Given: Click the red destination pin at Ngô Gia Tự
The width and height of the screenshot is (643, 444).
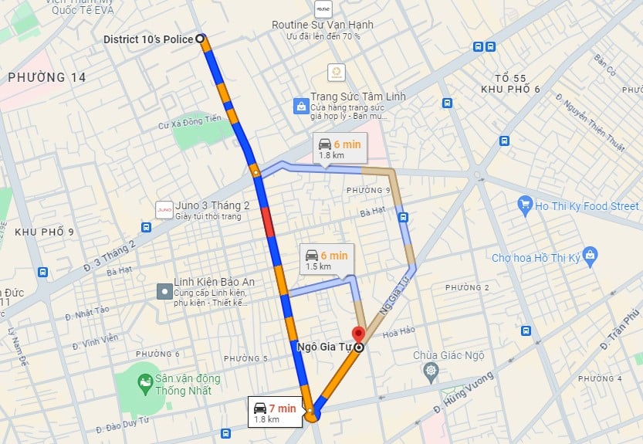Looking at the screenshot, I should click(358, 335).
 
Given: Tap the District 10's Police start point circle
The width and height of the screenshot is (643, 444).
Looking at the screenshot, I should click(200, 38).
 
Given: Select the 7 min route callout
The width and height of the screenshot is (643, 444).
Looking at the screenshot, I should click(274, 412).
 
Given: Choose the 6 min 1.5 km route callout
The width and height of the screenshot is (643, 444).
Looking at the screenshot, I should click(326, 259).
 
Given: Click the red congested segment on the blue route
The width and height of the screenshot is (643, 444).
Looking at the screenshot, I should click(267, 222).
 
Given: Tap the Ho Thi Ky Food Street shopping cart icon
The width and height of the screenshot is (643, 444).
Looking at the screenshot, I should click(525, 205).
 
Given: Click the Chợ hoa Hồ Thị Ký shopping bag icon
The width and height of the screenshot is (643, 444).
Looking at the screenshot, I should click(591, 254).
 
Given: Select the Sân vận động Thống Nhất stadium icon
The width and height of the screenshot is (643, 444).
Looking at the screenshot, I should click(144, 381).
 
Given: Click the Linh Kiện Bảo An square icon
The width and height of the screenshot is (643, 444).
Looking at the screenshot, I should click(164, 291).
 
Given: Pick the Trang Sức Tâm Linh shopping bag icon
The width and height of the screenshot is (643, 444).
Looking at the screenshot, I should click(300, 106).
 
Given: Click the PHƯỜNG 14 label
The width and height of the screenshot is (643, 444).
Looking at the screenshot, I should click(46, 77).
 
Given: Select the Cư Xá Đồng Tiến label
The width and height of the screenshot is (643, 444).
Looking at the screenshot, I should click(189, 117).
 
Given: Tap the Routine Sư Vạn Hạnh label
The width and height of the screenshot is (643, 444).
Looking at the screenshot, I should click(322, 25).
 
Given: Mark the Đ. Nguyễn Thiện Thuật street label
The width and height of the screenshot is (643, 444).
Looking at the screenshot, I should click(594, 124).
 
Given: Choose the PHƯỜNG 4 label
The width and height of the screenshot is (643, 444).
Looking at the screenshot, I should click(599, 378).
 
